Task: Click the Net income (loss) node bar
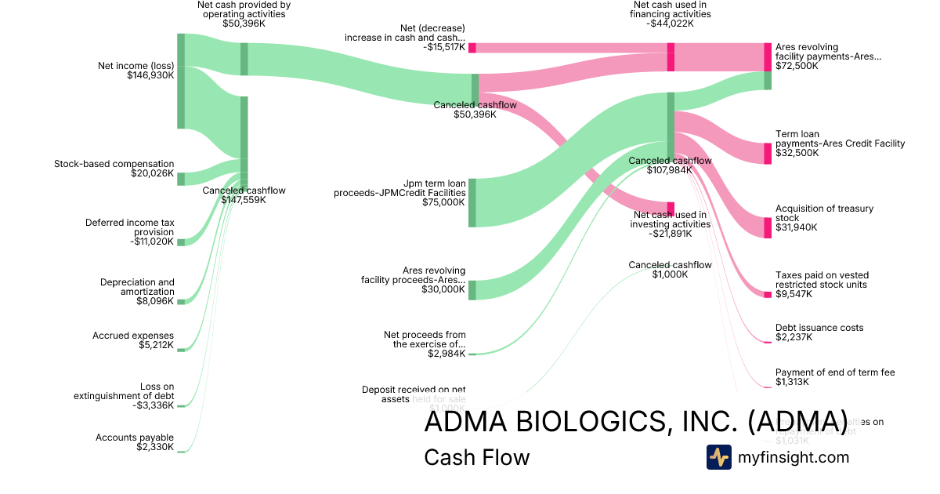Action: (181, 81)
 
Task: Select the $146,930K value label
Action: (150, 76)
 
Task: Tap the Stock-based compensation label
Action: (114, 164)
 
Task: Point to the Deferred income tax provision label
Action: (130, 227)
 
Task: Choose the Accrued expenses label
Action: (133, 336)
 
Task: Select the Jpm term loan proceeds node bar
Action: (472, 202)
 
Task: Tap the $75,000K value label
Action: (443, 202)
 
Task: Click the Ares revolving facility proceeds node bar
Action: (472, 289)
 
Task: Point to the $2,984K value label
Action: (446, 354)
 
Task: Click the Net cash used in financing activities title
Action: (671, 9)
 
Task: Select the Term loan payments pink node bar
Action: (768, 153)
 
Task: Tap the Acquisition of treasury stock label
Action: (824, 213)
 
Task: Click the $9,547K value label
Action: (794, 294)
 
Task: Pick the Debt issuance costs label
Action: (819, 328)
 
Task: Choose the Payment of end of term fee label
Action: (835, 372)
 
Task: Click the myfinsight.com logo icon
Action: (718, 457)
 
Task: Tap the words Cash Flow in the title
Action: (476, 457)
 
